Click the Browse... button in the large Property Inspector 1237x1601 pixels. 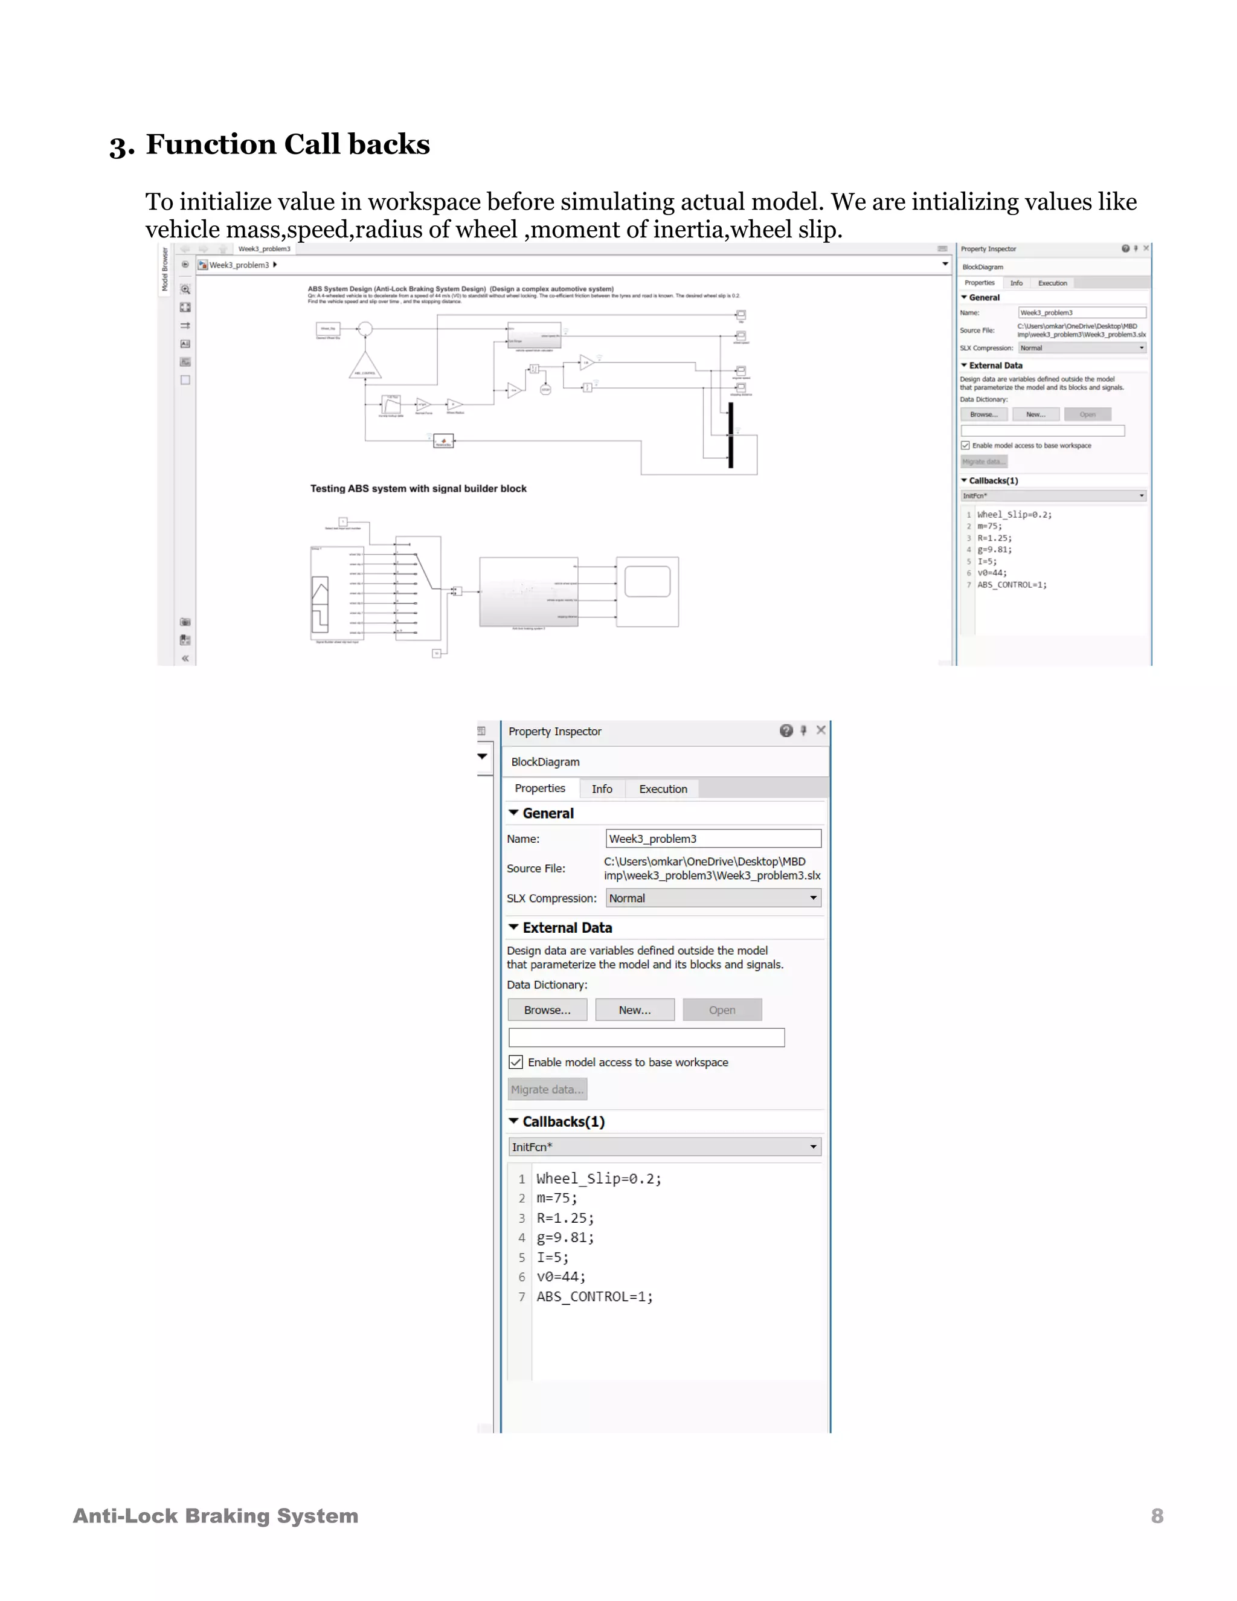point(547,1010)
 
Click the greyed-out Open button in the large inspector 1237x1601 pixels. point(722,1010)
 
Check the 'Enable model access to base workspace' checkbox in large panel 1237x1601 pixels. point(516,1062)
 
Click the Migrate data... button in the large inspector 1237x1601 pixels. point(547,1089)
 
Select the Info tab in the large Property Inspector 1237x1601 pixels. point(602,789)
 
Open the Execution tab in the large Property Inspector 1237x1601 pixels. point(663,789)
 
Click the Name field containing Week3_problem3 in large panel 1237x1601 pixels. point(712,839)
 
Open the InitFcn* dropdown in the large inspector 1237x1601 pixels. point(664,1147)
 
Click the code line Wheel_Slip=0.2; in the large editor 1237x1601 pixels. point(598,1179)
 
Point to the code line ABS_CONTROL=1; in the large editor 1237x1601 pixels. point(594,1297)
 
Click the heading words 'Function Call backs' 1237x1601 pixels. point(288,144)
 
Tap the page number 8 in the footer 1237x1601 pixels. point(1157,1516)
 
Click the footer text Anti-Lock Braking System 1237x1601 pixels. point(216,1516)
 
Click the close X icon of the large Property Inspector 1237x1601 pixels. point(821,730)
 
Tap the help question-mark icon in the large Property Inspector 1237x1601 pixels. point(786,730)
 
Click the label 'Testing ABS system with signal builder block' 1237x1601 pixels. point(418,488)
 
